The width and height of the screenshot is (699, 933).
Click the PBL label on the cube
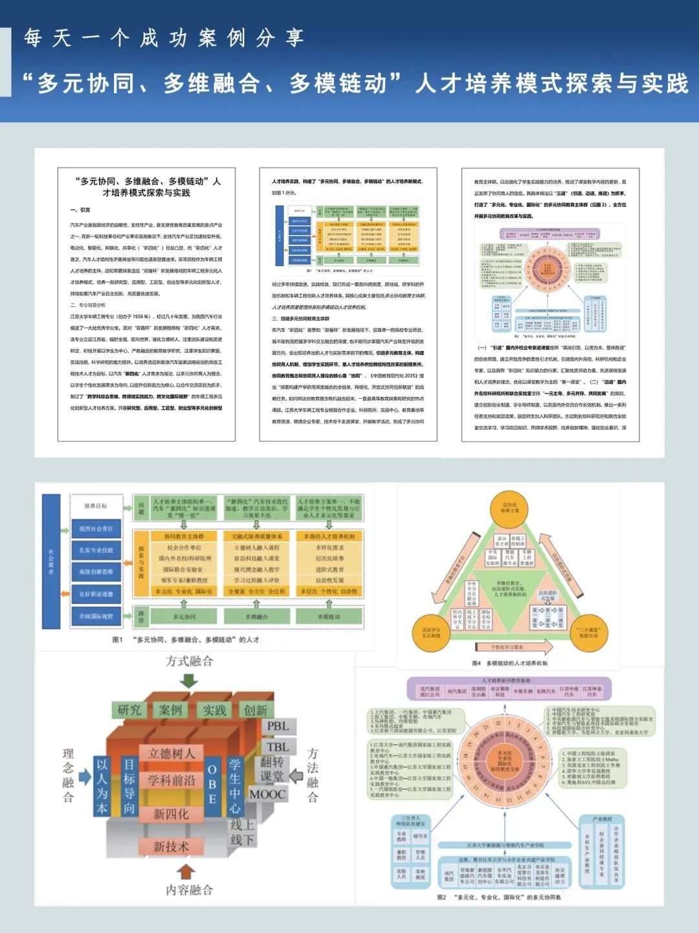[278, 726]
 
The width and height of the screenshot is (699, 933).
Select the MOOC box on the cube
[268, 794]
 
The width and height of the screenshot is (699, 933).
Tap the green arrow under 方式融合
[189, 680]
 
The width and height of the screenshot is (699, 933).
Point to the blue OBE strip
[212, 784]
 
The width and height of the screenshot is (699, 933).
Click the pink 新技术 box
[171, 846]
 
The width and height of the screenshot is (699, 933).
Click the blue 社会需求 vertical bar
[51, 562]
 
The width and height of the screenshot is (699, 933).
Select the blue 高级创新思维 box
[96, 572]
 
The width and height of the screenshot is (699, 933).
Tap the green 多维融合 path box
[257, 617]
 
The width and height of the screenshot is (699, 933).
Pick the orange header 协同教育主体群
[184, 536]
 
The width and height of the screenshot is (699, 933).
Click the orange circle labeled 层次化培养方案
[509, 508]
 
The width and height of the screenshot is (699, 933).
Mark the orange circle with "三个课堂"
[589, 632]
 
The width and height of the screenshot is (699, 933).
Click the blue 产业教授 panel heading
[602, 819]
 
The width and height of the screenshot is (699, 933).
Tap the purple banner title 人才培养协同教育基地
[506, 681]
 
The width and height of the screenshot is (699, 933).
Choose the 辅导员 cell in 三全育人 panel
[420, 836]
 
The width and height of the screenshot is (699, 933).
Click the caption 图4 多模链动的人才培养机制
[509, 663]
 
